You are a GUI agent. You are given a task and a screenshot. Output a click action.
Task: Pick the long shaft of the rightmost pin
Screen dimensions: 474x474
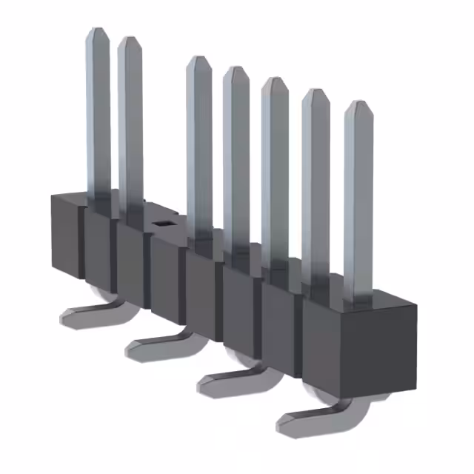click(x=358, y=207)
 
